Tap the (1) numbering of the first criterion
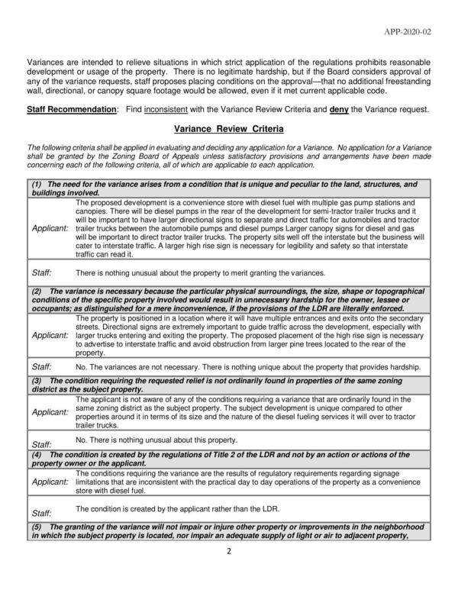(36, 185)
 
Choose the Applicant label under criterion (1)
(50, 228)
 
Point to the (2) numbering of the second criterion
(36, 292)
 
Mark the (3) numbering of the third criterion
(36, 380)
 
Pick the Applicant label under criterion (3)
(50, 412)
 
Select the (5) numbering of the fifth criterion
(36, 528)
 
